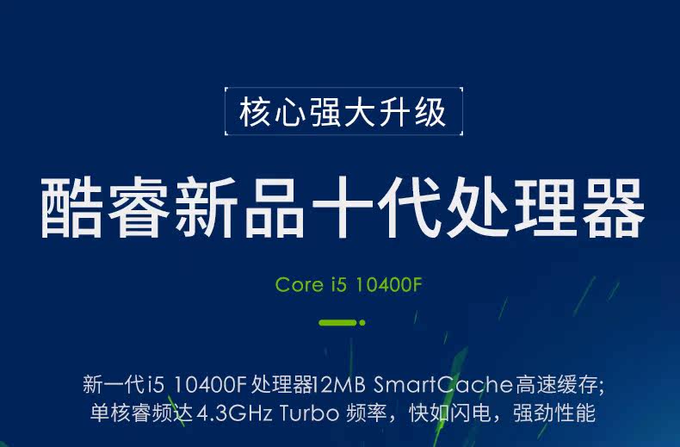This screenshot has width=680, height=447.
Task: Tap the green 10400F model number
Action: tap(388, 285)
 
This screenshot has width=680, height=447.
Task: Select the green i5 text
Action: tap(339, 285)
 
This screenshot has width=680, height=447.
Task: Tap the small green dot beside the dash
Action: tap(362, 322)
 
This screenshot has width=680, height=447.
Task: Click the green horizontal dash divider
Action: tap(337, 322)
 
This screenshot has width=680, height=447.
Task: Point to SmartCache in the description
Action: tap(442, 384)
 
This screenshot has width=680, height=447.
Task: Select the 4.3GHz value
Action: tap(235, 413)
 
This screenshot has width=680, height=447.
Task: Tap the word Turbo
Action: tap(309, 413)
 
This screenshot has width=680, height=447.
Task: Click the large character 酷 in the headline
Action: tap(71, 207)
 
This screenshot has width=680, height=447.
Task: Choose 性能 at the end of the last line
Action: tap(576, 413)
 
